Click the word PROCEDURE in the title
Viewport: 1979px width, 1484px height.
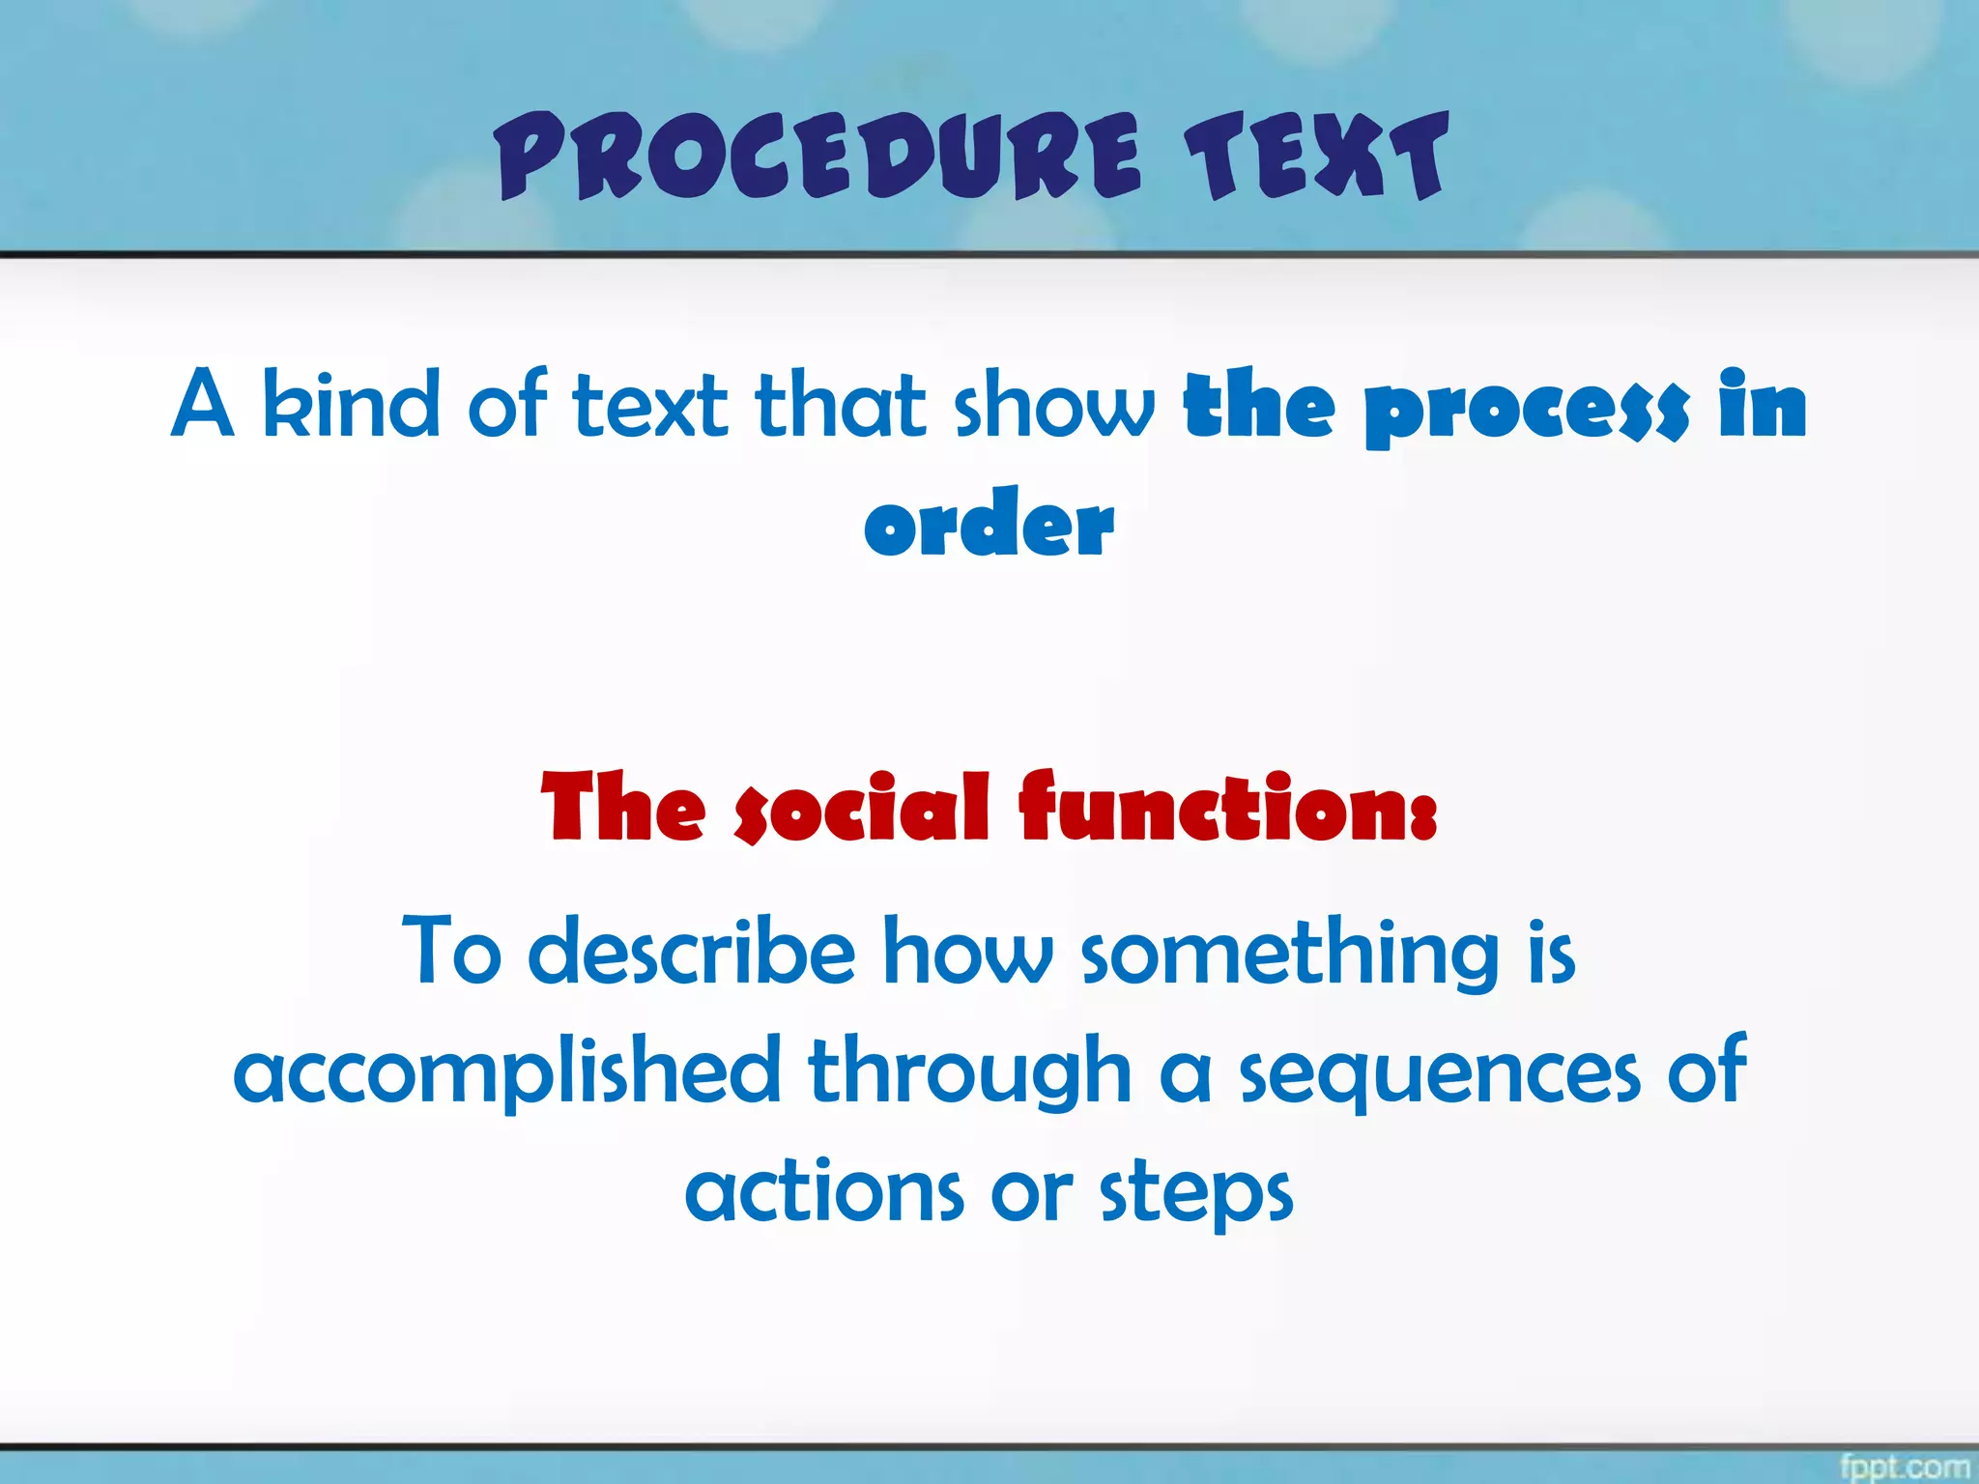click(x=817, y=157)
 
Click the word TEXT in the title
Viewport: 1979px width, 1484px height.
click(x=1316, y=157)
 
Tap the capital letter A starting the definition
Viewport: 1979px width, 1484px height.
click(x=202, y=404)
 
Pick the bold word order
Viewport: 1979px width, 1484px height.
click(x=989, y=525)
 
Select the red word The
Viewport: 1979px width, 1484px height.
click(x=623, y=808)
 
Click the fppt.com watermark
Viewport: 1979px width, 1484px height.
click(x=1904, y=1466)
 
